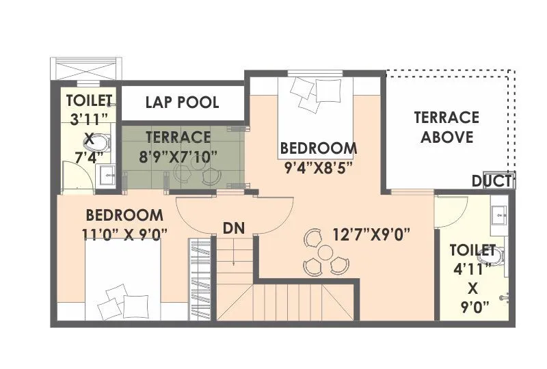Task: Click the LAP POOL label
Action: tap(182, 102)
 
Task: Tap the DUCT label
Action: tap(492, 181)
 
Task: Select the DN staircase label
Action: tap(234, 228)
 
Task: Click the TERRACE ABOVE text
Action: tap(446, 127)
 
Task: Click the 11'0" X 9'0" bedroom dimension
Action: tap(124, 233)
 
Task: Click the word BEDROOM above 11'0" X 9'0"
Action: tap(124, 215)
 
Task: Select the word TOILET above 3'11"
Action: tap(88, 100)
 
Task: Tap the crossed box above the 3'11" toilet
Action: tap(89, 68)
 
